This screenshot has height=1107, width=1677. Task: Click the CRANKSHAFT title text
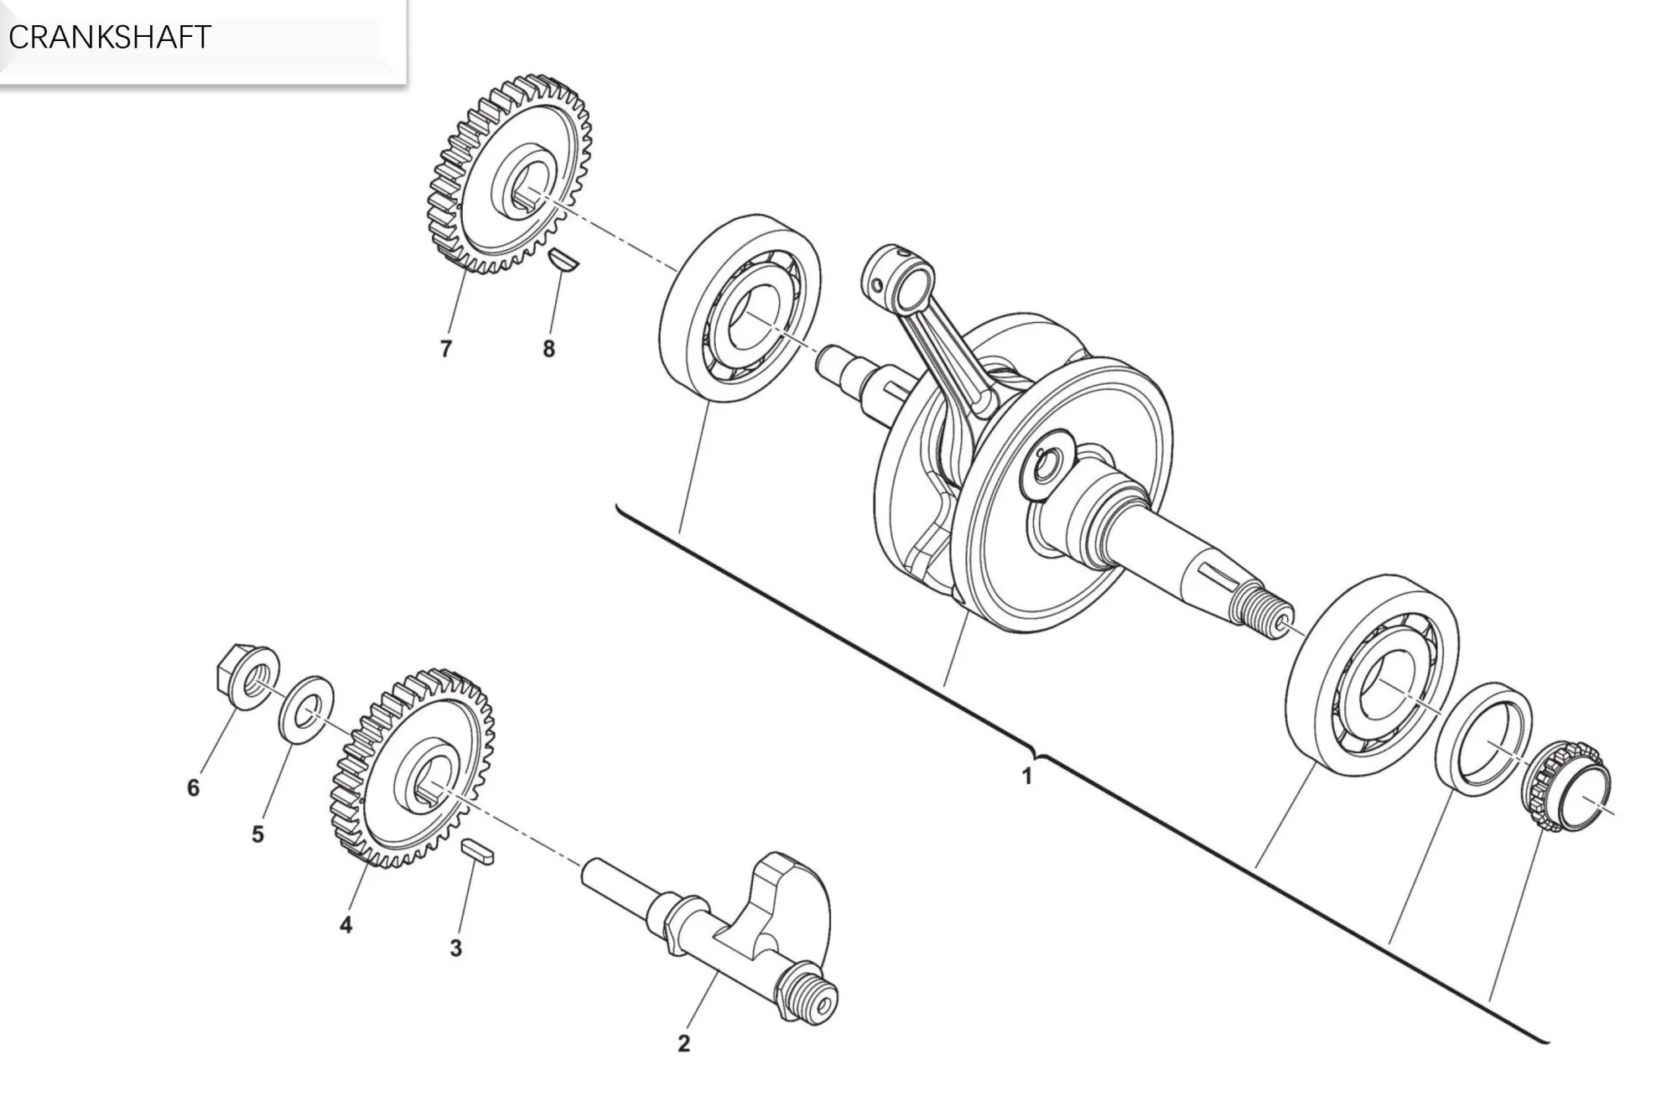click(x=109, y=38)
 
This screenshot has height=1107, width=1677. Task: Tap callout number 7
click(x=445, y=348)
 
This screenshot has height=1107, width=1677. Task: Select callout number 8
click(x=548, y=348)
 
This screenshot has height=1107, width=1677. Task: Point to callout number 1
click(x=1026, y=777)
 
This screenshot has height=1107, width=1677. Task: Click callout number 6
click(x=193, y=787)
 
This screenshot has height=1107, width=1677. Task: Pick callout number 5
click(x=257, y=834)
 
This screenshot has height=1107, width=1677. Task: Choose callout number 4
click(x=345, y=925)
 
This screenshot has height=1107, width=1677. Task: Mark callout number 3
click(x=455, y=948)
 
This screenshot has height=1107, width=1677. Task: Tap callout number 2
click(x=683, y=1043)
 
